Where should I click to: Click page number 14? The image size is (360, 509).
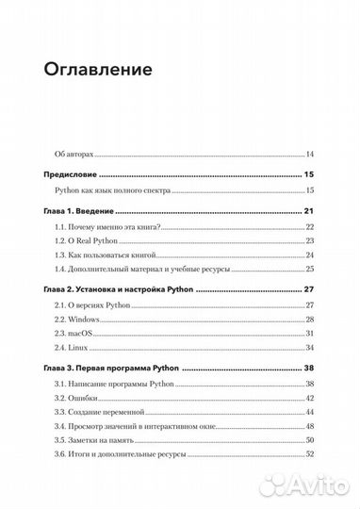309,154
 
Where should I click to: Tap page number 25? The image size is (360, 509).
309,270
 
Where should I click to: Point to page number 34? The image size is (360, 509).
309,369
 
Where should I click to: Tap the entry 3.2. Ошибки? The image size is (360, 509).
81,399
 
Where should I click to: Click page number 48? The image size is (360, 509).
309,427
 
